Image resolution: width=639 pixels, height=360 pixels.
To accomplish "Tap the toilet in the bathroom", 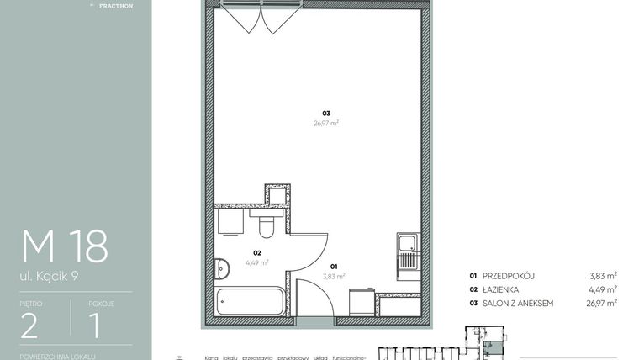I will pyautogui.click(x=267, y=228).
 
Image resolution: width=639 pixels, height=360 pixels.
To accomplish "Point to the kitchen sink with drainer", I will pyautogui.click(x=407, y=252).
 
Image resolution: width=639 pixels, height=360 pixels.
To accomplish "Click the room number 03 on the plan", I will pyautogui.click(x=325, y=114).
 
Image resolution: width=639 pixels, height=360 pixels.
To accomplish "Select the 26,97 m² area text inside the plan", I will pyautogui.click(x=325, y=123).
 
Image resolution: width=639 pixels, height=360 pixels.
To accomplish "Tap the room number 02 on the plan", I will pyautogui.click(x=258, y=252).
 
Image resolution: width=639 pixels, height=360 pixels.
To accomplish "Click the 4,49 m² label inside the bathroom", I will pyautogui.click(x=257, y=262).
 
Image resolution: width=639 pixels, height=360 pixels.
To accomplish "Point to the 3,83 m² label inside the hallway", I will pyautogui.click(x=334, y=275).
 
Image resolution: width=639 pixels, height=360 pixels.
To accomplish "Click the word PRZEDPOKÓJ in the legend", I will pyautogui.click(x=509, y=275).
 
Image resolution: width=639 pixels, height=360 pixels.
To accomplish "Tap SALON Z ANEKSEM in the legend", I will pyautogui.click(x=517, y=303).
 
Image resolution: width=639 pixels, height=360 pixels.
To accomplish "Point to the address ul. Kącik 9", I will pyautogui.click(x=50, y=275).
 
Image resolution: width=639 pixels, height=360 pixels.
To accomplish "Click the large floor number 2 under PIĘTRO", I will pyautogui.click(x=30, y=325).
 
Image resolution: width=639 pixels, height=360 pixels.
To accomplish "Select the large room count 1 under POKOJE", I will pyautogui.click(x=96, y=325).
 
